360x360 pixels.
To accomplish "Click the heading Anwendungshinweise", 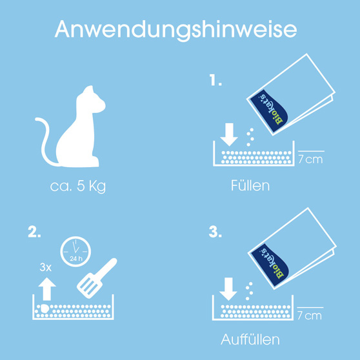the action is (x=176, y=30).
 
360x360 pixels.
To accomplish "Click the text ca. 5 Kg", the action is (x=78, y=186).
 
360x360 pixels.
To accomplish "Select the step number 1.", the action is (x=216, y=81).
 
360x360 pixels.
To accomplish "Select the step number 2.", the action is (x=34, y=232).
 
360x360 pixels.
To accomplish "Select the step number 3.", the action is (x=215, y=232).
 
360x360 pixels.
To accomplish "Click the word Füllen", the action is (x=250, y=186).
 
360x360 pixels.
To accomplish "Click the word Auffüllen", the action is (x=250, y=339).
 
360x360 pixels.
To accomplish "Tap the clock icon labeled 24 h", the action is (x=75, y=252).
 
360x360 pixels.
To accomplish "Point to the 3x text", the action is (x=45, y=267).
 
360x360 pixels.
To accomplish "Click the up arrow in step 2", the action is (x=47, y=289).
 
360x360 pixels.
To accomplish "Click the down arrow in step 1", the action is (x=229, y=135).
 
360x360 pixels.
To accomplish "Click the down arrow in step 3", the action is (x=228, y=289).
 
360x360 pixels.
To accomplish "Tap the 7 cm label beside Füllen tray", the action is (x=310, y=159).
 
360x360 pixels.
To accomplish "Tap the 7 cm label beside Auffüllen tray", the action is (x=310, y=315).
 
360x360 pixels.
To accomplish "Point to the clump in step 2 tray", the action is (x=44, y=308).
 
